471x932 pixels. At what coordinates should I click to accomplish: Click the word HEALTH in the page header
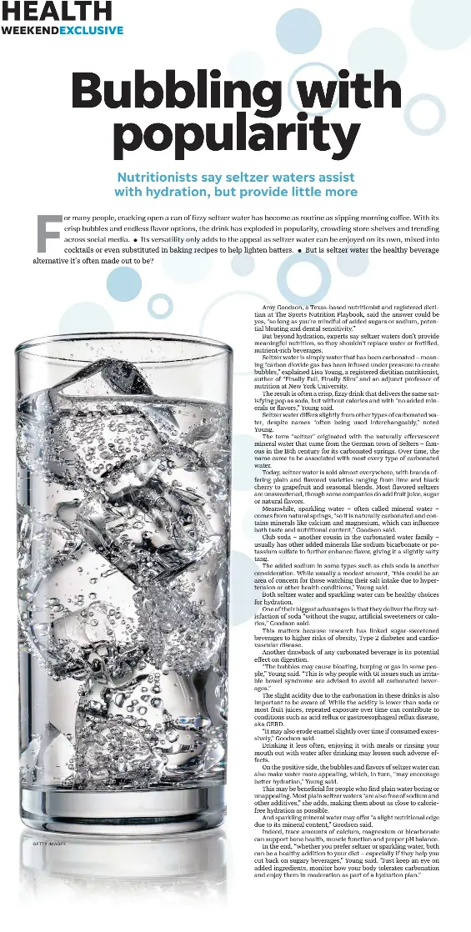tap(56, 11)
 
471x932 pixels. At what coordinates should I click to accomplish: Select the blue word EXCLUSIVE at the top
tap(91, 30)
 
